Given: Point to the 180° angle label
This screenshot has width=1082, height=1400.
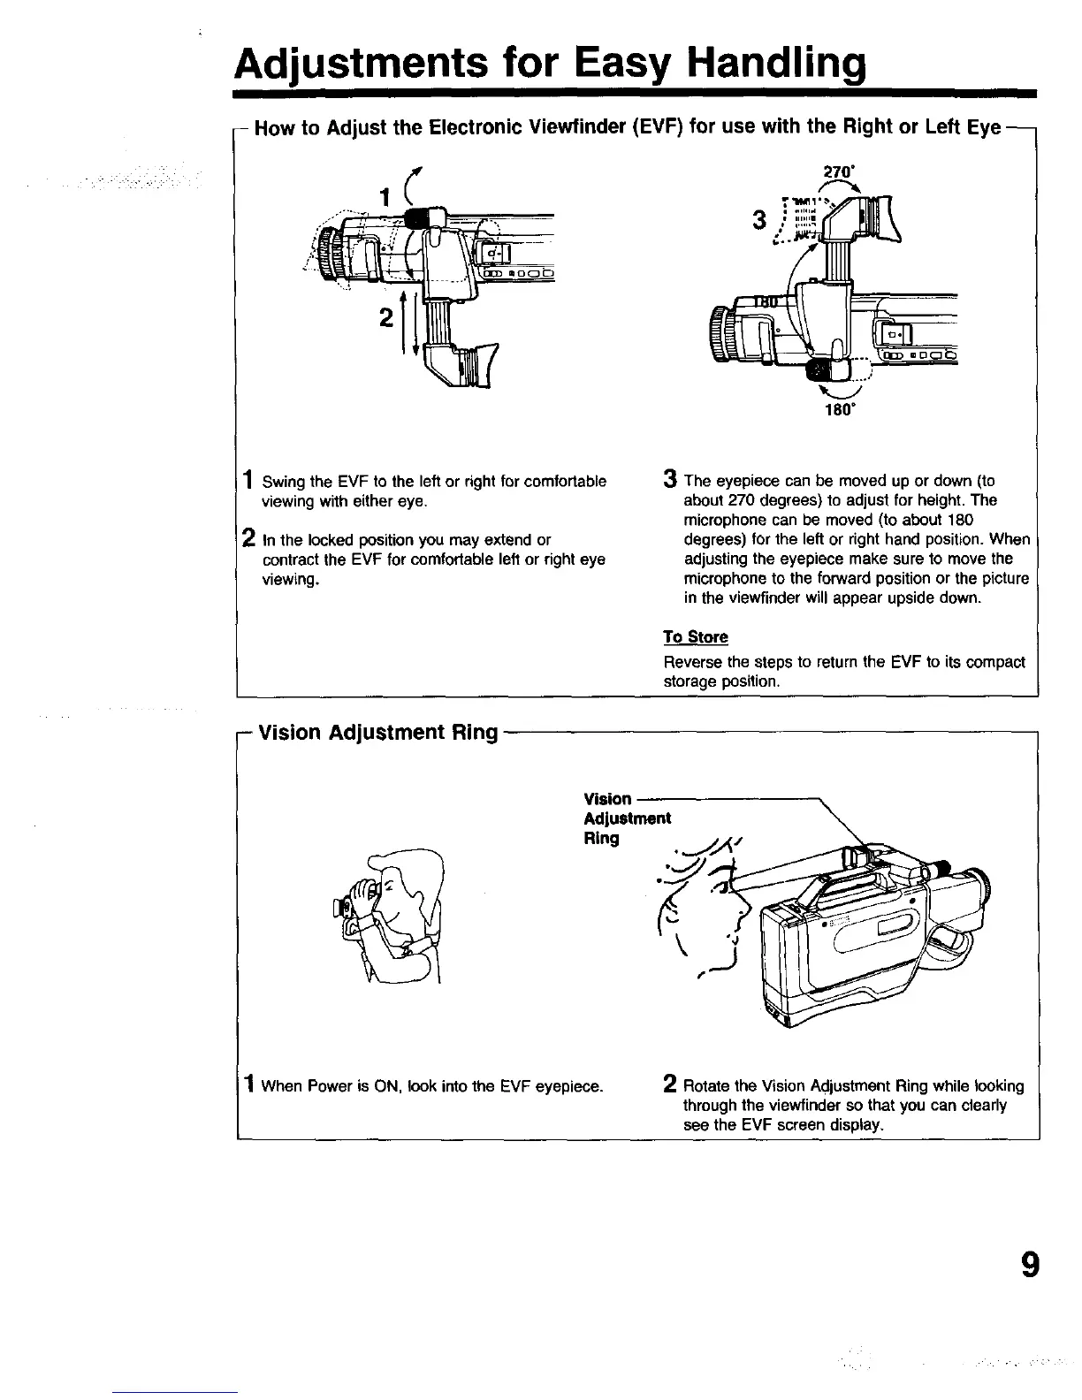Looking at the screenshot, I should (835, 409).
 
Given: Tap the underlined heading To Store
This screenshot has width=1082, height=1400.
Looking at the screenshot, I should (696, 637).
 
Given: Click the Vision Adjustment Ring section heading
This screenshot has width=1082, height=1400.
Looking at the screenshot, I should (377, 733).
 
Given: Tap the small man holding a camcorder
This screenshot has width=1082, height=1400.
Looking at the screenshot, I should (390, 914).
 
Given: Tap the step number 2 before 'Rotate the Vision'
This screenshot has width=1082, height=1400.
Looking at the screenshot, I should (671, 1085).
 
